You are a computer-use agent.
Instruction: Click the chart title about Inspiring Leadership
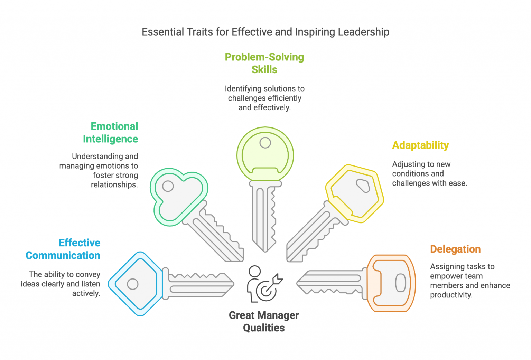coord(265,32)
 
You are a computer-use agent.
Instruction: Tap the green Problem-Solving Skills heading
coord(264,63)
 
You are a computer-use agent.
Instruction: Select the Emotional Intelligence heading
coord(111,132)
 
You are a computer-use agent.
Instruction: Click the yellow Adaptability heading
coord(420,145)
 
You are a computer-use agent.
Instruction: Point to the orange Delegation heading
coord(455,249)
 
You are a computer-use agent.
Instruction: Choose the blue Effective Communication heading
coord(63,249)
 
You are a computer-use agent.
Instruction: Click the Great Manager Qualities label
coord(264,321)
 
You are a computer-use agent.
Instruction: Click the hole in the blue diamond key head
coord(133,284)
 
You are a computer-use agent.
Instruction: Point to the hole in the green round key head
coord(265,143)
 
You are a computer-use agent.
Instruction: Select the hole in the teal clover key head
coord(168,186)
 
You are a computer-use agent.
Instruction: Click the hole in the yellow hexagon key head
coord(363,186)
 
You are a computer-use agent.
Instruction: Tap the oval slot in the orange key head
coord(401,283)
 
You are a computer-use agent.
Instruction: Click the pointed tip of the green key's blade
coord(265,249)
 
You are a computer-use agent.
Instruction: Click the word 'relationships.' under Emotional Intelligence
coord(114,185)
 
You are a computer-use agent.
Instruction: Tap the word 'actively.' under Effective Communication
coord(86,293)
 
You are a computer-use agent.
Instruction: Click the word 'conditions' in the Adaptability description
coord(409,174)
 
